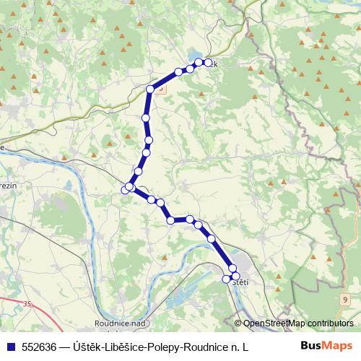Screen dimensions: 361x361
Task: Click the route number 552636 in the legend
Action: [40, 347]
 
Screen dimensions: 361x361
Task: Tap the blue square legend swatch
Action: [9, 347]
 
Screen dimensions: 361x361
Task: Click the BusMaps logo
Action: [327, 346]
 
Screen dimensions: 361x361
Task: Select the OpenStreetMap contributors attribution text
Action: [298, 323]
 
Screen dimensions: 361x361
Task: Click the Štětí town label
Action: [241, 282]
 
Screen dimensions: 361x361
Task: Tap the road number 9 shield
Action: [345, 299]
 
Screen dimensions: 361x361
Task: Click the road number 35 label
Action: [27, 305]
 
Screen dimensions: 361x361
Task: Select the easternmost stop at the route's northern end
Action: [209, 63]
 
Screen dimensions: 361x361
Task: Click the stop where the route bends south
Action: [150, 89]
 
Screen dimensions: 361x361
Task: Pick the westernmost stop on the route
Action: [125, 189]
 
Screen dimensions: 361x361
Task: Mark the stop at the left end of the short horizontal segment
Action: [171, 219]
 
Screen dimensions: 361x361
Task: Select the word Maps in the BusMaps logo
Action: [339, 346]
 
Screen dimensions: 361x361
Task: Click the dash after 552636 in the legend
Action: [64, 347]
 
